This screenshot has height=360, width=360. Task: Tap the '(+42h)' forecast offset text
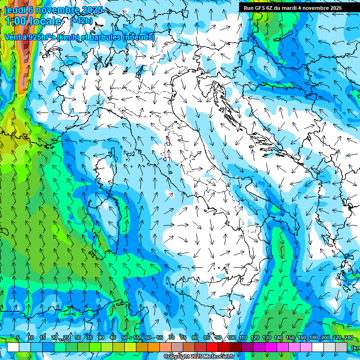pyautogui.click(x=82, y=21)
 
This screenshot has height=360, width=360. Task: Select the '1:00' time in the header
pyautogui.click(x=16, y=21)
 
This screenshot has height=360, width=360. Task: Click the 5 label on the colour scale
pyautogui.click(x=18, y=338)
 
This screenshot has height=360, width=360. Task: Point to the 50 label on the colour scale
pyautogui.click(x=124, y=338)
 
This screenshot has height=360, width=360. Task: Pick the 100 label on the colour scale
pyautogui.click(x=231, y=338)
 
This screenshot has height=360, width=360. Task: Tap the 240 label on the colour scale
pyautogui.click(x=348, y=338)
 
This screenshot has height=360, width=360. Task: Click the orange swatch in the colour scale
pyautogui.click(x=154, y=347)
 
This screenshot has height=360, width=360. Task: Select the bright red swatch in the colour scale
pyautogui.click(x=212, y=347)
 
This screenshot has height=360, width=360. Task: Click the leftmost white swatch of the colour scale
pyautogui.click(x=13, y=347)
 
